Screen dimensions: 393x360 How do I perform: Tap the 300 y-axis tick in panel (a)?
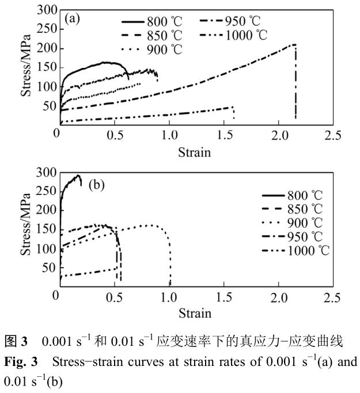tap(46, 10)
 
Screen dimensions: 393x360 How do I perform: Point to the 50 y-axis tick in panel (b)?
tap(48, 267)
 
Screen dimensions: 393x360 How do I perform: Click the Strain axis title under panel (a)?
tap(194, 152)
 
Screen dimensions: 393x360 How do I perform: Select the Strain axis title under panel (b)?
tap(194, 314)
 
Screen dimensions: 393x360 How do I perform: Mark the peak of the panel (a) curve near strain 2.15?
tap(294, 44)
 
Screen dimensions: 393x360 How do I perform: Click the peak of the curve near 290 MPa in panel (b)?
tap(78, 175)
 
